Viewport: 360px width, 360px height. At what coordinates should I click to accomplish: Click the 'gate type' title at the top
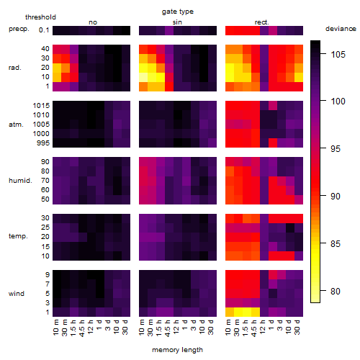pos(178,12)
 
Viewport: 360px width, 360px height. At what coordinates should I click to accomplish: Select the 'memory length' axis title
pos(177,350)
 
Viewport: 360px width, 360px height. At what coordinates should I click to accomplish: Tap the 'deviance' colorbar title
pos(341,29)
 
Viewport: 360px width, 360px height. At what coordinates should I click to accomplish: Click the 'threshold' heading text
pos(40,17)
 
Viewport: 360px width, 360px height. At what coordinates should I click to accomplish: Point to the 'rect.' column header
pos(262,22)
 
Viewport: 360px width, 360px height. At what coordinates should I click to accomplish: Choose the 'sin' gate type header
pos(177,22)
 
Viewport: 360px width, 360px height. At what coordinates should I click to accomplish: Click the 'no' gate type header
pos(93,22)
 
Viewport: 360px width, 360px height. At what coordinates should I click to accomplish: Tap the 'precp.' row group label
pos(19,29)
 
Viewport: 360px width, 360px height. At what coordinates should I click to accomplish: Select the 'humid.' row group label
pos(20,180)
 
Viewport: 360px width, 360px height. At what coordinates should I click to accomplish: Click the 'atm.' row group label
pos(16,125)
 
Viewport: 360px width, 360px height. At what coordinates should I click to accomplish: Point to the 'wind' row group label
pos(17,293)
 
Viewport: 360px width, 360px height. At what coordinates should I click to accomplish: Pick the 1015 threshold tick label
pos(41,105)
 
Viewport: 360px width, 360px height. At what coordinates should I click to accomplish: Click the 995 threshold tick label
pos(43,143)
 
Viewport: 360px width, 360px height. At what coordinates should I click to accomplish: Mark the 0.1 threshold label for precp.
pos(44,30)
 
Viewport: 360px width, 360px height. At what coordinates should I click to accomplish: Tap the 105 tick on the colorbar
pos(338,54)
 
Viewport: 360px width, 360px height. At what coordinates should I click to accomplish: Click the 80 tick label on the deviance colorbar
pos(336,291)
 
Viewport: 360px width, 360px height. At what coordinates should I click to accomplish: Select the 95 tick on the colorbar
pos(336,148)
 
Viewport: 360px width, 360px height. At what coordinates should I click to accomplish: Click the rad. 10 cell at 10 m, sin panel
pos(143,77)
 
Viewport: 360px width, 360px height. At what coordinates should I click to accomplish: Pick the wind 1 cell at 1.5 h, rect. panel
pos(247,312)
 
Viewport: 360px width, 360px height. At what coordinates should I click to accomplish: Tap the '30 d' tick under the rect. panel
pos(297,327)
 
